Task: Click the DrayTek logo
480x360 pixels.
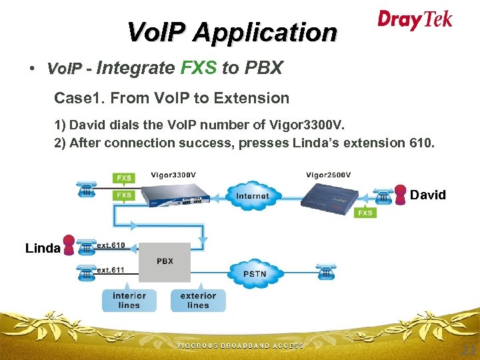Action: (x=415, y=20)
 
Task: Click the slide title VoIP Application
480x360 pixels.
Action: (x=232, y=32)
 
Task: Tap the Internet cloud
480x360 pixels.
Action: (x=253, y=195)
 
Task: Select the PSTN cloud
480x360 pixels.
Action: (x=255, y=273)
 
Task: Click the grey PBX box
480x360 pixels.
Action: (x=165, y=261)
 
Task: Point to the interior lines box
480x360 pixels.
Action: (x=129, y=300)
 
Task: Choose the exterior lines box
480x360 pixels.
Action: (x=198, y=300)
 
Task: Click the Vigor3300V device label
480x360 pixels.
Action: (x=173, y=175)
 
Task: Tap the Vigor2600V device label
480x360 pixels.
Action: (x=328, y=175)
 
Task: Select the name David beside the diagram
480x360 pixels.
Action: (x=428, y=195)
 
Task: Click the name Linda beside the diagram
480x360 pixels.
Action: (x=43, y=248)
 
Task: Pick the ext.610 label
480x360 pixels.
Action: (x=111, y=245)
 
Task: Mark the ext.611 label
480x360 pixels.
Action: (x=111, y=270)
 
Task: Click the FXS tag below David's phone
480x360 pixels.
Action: (x=365, y=213)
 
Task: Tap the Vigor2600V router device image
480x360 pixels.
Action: (x=331, y=197)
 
